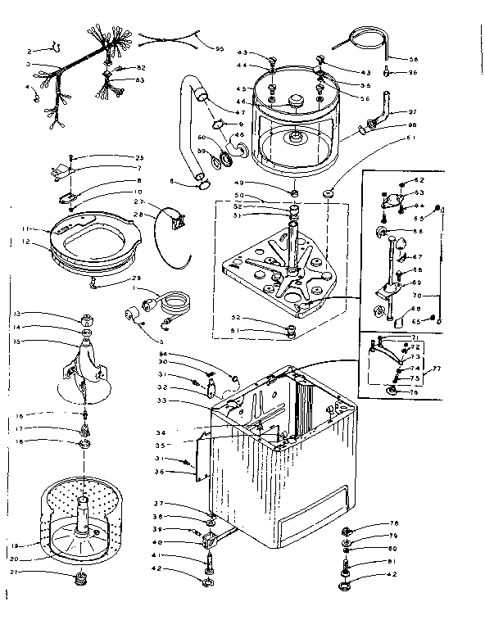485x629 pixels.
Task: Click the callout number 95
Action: [x=220, y=48]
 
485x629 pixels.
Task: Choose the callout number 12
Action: [x=27, y=242]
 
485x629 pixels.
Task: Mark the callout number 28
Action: [x=138, y=215]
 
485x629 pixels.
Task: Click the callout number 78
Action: [x=393, y=524]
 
